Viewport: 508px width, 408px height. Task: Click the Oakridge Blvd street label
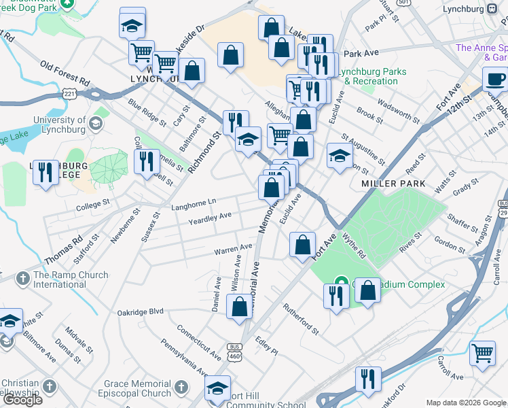[x=141, y=311]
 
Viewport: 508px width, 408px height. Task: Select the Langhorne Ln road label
[x=194, y=201]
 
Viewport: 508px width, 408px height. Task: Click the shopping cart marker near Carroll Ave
[x=482, y=352]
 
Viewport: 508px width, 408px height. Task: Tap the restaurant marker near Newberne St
[x=147, y=162]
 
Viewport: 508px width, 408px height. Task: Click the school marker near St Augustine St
[x=340, y=156]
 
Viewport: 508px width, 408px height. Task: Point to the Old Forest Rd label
[x=65, y=73]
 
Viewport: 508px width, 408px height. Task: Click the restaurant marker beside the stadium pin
[x=336, y=296]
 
